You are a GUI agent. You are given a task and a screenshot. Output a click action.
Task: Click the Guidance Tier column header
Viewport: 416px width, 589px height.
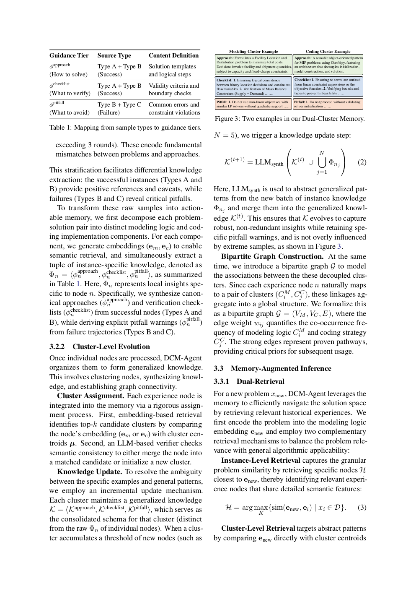(69, 55)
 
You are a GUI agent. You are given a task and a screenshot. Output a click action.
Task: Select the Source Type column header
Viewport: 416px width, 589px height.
(114, 55)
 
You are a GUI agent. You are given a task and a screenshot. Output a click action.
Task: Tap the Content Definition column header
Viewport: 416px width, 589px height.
(173, 55)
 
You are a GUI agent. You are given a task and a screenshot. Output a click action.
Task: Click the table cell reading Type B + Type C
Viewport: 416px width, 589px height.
(119, 104)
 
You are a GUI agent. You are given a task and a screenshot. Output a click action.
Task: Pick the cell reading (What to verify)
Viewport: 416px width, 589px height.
(70, 93)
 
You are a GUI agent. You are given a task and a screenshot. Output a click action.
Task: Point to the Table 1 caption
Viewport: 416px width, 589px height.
(125, 128)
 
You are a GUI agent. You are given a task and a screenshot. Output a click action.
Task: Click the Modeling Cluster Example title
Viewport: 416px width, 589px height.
(253, 51)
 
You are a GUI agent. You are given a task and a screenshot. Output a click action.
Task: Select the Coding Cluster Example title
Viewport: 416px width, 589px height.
(328, 51)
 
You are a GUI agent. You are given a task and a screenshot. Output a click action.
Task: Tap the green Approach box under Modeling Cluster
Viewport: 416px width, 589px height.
(253, 65)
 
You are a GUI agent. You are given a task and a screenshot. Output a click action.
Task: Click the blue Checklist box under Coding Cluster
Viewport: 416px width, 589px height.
(328, 86)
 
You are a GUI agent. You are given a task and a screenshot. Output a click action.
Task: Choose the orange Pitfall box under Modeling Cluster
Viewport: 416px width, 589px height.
(253, 104)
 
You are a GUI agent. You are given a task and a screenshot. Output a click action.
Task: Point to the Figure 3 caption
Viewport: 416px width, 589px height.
(289, 119)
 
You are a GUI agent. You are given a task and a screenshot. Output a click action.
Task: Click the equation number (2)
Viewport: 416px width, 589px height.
(362, 162)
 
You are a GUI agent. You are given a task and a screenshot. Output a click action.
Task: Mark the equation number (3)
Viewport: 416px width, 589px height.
(362, 507)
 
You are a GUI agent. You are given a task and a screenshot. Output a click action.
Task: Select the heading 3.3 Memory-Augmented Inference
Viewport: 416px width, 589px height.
(272, 368)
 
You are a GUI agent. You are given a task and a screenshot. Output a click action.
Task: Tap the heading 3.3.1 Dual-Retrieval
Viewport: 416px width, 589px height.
(249, 381)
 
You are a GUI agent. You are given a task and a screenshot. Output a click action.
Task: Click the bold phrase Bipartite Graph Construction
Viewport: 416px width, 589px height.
(272, 256)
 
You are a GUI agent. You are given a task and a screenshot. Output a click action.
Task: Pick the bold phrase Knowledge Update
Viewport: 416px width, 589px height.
(89, 472)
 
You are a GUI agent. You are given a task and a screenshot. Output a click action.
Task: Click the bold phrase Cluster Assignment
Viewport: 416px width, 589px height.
(90, 396)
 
